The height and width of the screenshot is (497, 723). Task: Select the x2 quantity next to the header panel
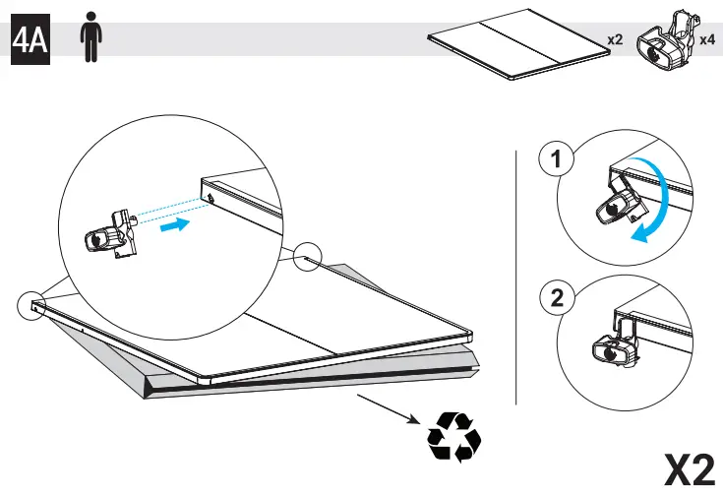[615, 40]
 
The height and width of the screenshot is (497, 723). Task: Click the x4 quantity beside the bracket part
[706, 40]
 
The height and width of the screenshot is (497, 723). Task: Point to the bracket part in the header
[665, 39]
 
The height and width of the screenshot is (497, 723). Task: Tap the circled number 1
[556, 159]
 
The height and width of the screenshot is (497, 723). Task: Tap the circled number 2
[557, 298]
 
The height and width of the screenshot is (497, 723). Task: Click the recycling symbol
[452, 434]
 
